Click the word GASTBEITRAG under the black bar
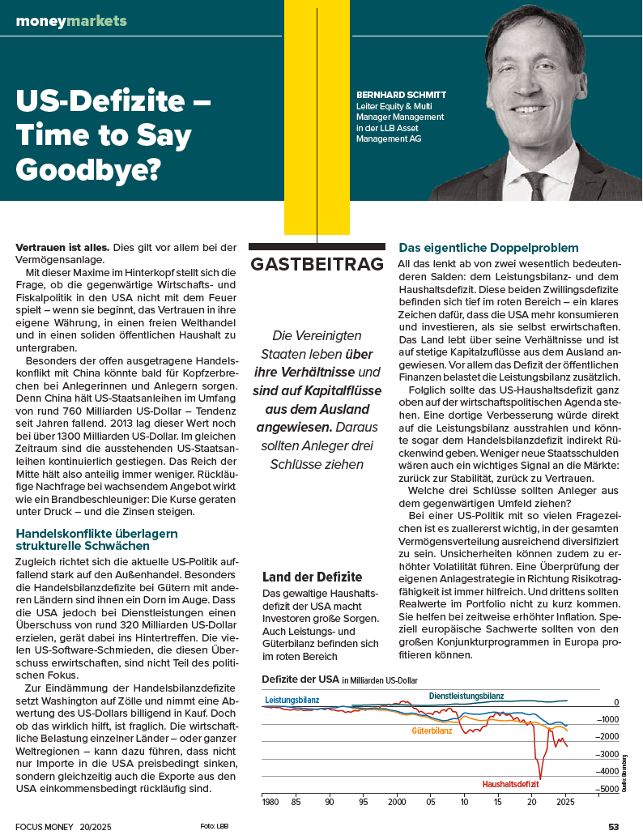(x=316, y=264)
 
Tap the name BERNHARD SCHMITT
(x=401, y=95)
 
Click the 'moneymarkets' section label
(x=71, y=20)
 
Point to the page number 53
(x=613, y=826)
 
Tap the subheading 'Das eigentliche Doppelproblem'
(x=488, y=247)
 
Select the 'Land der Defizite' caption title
(x=313, y=577)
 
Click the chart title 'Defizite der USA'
(x=300, y=678)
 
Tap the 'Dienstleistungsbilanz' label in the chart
(x=466, y=696)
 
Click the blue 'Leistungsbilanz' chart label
(x=292, y=699)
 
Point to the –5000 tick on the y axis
(x=607, y=788)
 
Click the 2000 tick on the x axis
(x=396, y=803)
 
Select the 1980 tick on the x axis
(x=270, y=803)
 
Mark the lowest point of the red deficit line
(x=539, y=777)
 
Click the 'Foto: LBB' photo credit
(x=214, y=826)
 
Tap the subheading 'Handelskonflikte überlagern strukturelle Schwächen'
(x=96, y=539)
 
